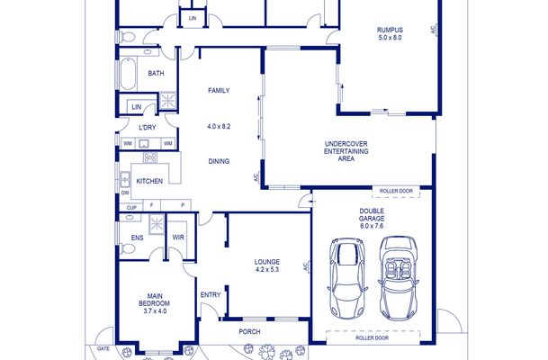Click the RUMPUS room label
tap(390, 30)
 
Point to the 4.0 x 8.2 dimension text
tap(219, 127)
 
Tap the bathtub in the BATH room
tap(127, 74)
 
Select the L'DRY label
tap(148, 128)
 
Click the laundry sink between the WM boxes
tap(144, 144)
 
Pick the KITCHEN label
tap(149, 181)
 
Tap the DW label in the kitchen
tap(125, 193)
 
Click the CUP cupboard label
tap(131, 208)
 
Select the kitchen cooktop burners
tap(150, 157)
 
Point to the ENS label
tap(137, 238)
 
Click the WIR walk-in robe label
tap(178, 238)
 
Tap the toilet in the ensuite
tap(128, 249)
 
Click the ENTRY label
tap(211, 295)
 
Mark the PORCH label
tap(249, 332)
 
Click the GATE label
tap(103, 348)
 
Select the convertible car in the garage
tap(399, 278)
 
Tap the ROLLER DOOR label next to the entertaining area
tap(396, 191)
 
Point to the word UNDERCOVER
tap(346, 144)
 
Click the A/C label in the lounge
tap(304, 266)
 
